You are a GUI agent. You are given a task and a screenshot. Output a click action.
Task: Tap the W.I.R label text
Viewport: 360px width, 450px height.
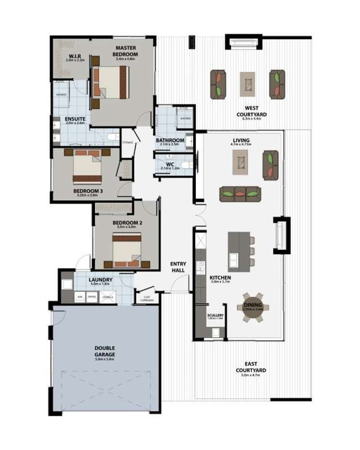click(x=76, y=56)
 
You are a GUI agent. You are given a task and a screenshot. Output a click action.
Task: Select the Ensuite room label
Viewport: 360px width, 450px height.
click(x=75, y=119)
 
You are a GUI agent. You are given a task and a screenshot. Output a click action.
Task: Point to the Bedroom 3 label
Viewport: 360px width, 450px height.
click(x=88, y=191)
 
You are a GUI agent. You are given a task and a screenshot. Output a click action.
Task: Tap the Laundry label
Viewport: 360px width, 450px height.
click(x=101, y=280)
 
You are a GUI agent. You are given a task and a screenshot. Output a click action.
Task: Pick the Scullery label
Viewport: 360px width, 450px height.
click(x=215, y=316)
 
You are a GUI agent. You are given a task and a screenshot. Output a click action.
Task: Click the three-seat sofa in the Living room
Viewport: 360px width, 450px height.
click(x=241, y=194)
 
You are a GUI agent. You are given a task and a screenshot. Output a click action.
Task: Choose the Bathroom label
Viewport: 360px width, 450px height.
click(x=170, y=140)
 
